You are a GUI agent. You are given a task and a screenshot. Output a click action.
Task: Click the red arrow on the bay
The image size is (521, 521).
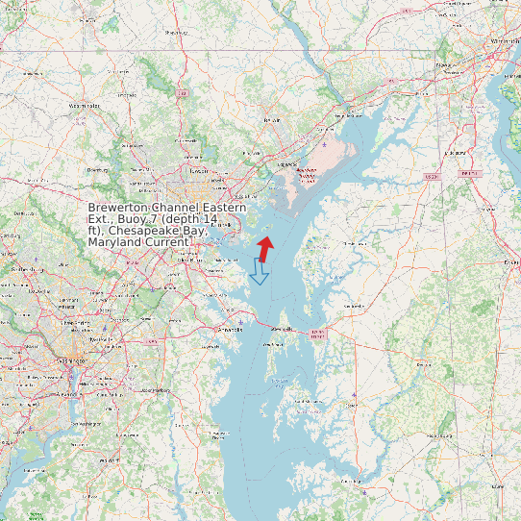265,247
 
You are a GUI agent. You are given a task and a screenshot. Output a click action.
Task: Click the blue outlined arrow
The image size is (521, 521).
259,271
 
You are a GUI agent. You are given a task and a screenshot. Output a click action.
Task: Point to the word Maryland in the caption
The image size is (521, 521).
113,242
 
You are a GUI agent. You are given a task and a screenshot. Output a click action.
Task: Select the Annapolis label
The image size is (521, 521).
231,328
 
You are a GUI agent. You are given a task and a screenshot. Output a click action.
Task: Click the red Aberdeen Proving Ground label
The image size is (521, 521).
308,173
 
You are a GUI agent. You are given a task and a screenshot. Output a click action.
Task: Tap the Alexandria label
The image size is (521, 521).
65,394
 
